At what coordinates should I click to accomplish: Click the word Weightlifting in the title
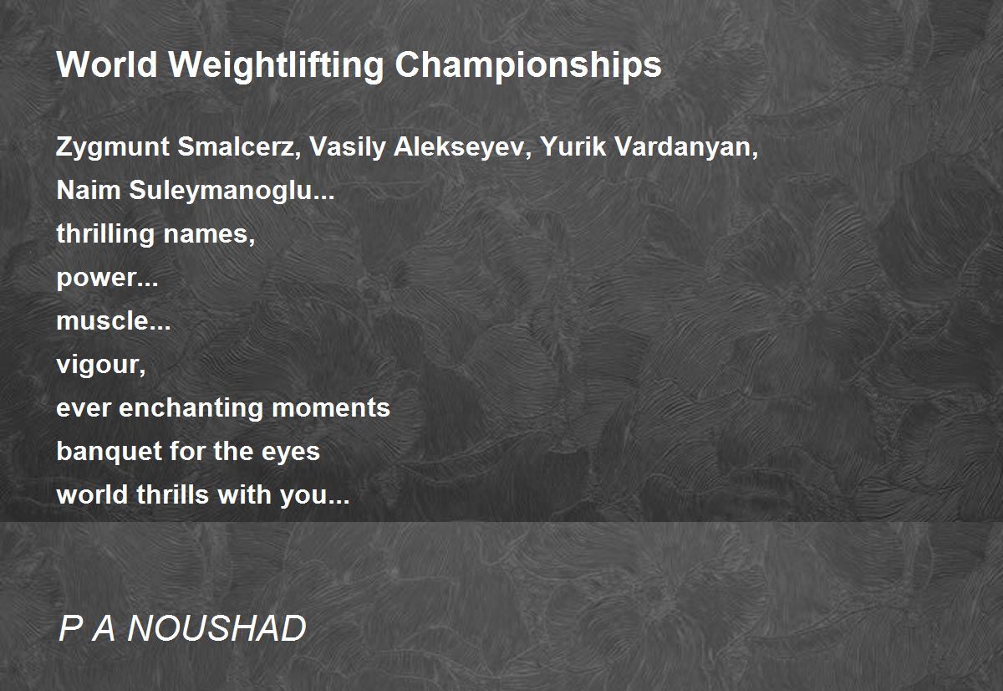(276, 66)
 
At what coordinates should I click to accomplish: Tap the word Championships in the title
(528, 66)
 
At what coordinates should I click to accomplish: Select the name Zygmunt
(112, 148)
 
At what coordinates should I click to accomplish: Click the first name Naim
(89, 190)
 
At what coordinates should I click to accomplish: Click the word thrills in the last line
(173, 494)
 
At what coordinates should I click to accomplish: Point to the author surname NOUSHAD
(216, 628)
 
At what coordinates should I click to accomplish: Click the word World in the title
(107, 64)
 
